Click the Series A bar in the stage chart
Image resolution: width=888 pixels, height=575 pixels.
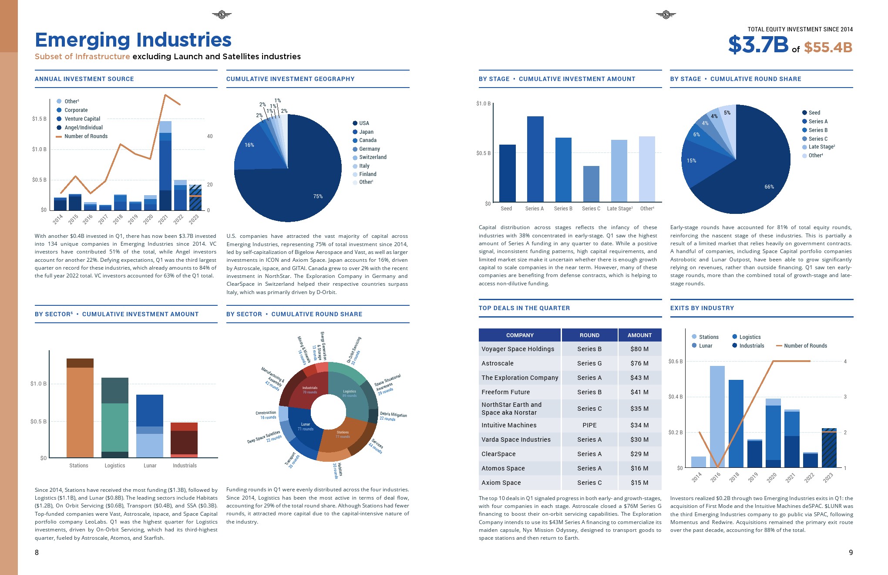pos(535,159)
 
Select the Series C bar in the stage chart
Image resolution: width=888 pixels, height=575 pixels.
pos(591,184)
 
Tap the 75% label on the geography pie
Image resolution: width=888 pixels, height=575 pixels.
pos(318,196)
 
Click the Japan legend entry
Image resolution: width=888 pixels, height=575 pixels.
pos(366,132)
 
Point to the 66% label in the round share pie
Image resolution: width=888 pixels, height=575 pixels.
pos(769,187)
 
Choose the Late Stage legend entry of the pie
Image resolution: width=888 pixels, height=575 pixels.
pos(821,147)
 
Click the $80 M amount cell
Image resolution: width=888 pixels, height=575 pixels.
pos(639,349)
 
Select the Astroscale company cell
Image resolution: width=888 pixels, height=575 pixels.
pos(498,363)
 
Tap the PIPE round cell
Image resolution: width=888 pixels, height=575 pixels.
pos(589,425)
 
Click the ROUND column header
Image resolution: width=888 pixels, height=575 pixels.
pos(589,335)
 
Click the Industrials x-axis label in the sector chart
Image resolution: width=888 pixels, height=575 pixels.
pos(185,466)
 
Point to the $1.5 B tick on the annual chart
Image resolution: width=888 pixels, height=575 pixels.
pos(39,119)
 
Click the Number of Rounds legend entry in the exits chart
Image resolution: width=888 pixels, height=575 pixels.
pos(805,346)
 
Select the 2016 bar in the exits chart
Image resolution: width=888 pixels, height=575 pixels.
pos(717,416)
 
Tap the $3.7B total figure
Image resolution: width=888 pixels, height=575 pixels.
pos(758,45)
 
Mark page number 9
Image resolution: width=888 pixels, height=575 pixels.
pos(851,552)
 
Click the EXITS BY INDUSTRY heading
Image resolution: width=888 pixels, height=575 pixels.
pos(702,308)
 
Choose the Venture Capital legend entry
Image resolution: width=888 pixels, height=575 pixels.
pos(82,119)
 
